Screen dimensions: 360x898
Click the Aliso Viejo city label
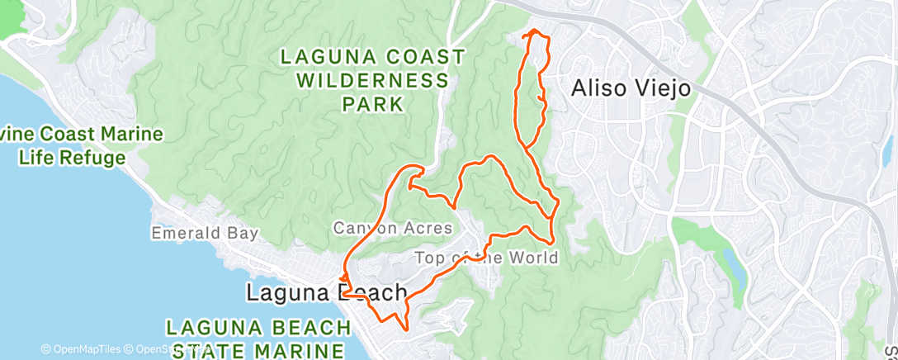coord(631,88)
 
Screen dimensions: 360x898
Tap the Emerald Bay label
coord(205,234)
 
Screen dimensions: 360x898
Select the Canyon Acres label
coord(392,227)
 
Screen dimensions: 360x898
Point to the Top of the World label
coord(485,258)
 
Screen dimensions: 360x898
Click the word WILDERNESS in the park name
coord(372,81)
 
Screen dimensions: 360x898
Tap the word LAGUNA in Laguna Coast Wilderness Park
coord(321,57)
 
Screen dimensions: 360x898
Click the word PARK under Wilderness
coord(373,105)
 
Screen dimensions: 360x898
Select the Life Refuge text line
coord(73,158)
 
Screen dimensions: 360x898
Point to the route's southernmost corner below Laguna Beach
coord(404,328)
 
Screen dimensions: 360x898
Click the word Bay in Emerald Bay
coord(243,234)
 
